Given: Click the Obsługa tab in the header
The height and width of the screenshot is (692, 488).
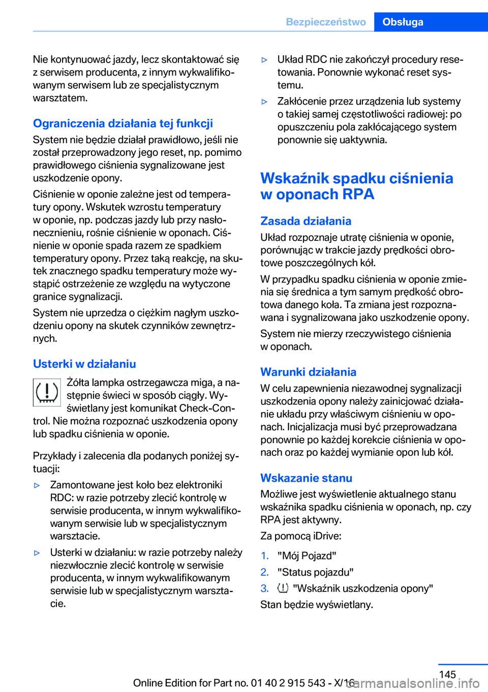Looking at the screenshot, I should pyautogui.click(x=403, y=22).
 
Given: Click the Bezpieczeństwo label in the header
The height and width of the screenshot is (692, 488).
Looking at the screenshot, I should pyautogui.click(x=326, y=22).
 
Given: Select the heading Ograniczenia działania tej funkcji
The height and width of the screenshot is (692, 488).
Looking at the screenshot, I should pyautogui.click(x=123, y=123).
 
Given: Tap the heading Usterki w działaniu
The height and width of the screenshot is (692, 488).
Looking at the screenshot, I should pyautogui.click(x=84, y=364).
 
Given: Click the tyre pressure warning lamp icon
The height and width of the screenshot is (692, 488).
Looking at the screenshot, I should pyautogui.click(x=47, y=392).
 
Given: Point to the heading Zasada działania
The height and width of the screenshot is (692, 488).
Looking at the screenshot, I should pyautogui.click(x=306, y=221).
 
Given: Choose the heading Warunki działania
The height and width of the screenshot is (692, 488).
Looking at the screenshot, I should pyautogui.click(x=308, y=372).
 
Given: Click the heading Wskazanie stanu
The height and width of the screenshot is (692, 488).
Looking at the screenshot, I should pyautogui.click(x=306, y=478).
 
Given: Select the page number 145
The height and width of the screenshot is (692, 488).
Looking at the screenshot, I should pyautogui.click(x=447, y=674).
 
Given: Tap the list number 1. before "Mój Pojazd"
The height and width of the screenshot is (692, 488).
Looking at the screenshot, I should pyautogui.click(x=264, y=556).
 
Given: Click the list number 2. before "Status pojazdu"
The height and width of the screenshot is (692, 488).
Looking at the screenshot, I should pyautogui.click(x=264, y=572).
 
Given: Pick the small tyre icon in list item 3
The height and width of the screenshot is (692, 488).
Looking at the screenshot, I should pyautogui.click(x=283, y=588).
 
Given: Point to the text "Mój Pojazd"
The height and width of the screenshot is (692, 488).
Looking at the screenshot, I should pyautogui.click(x=307, y=556).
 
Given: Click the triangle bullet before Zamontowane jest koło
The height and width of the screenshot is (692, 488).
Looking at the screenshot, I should pyautogui.click(x=37, y=485).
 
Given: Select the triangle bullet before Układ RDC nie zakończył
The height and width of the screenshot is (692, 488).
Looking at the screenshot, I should pyautogui.click(x=264, y=60).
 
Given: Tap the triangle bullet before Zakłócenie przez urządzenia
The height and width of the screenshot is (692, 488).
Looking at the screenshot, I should pyautogui.click(x=264, y=102).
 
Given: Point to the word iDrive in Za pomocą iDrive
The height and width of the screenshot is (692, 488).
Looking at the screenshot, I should pyautogui.click(x=327, y=536).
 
